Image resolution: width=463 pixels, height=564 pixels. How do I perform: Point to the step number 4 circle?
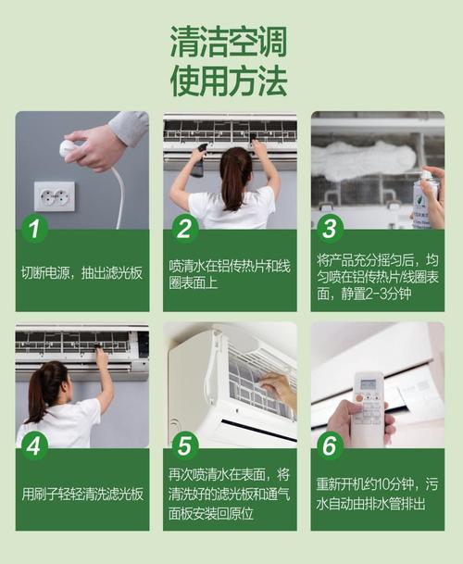click(34, 446)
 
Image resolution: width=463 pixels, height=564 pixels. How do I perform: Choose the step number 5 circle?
click(183, 446)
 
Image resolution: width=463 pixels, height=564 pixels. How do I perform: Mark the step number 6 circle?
click(330, 446)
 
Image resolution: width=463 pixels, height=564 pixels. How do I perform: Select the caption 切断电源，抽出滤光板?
click(81, 273)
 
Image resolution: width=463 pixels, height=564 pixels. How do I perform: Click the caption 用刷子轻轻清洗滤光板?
click(81, 494)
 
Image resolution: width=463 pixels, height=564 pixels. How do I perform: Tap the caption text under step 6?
click(377, 494)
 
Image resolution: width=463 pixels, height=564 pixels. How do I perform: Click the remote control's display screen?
click(369, 383)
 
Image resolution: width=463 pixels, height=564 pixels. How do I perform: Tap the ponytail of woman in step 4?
click(44, 389)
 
